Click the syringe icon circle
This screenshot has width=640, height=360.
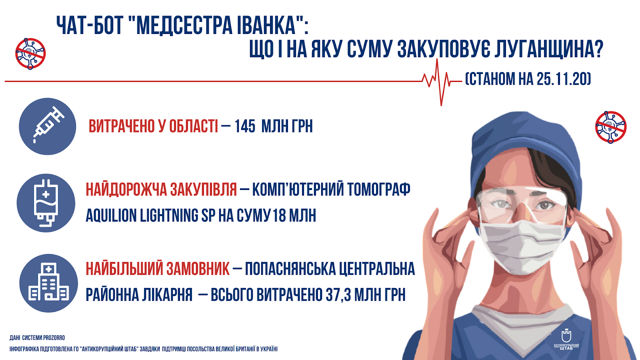click(48, 126)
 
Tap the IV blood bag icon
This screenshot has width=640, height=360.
click(46, 203)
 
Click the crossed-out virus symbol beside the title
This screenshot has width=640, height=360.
click(30, 54)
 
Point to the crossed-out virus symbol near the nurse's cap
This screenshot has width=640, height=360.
click(611, 127)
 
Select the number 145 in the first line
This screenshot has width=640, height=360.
click(245, 126)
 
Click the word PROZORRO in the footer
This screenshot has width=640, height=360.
click(54, 338)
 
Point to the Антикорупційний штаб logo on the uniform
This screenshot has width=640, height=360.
click(566, 340)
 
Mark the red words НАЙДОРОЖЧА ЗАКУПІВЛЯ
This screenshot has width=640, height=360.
click(162, 189)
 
